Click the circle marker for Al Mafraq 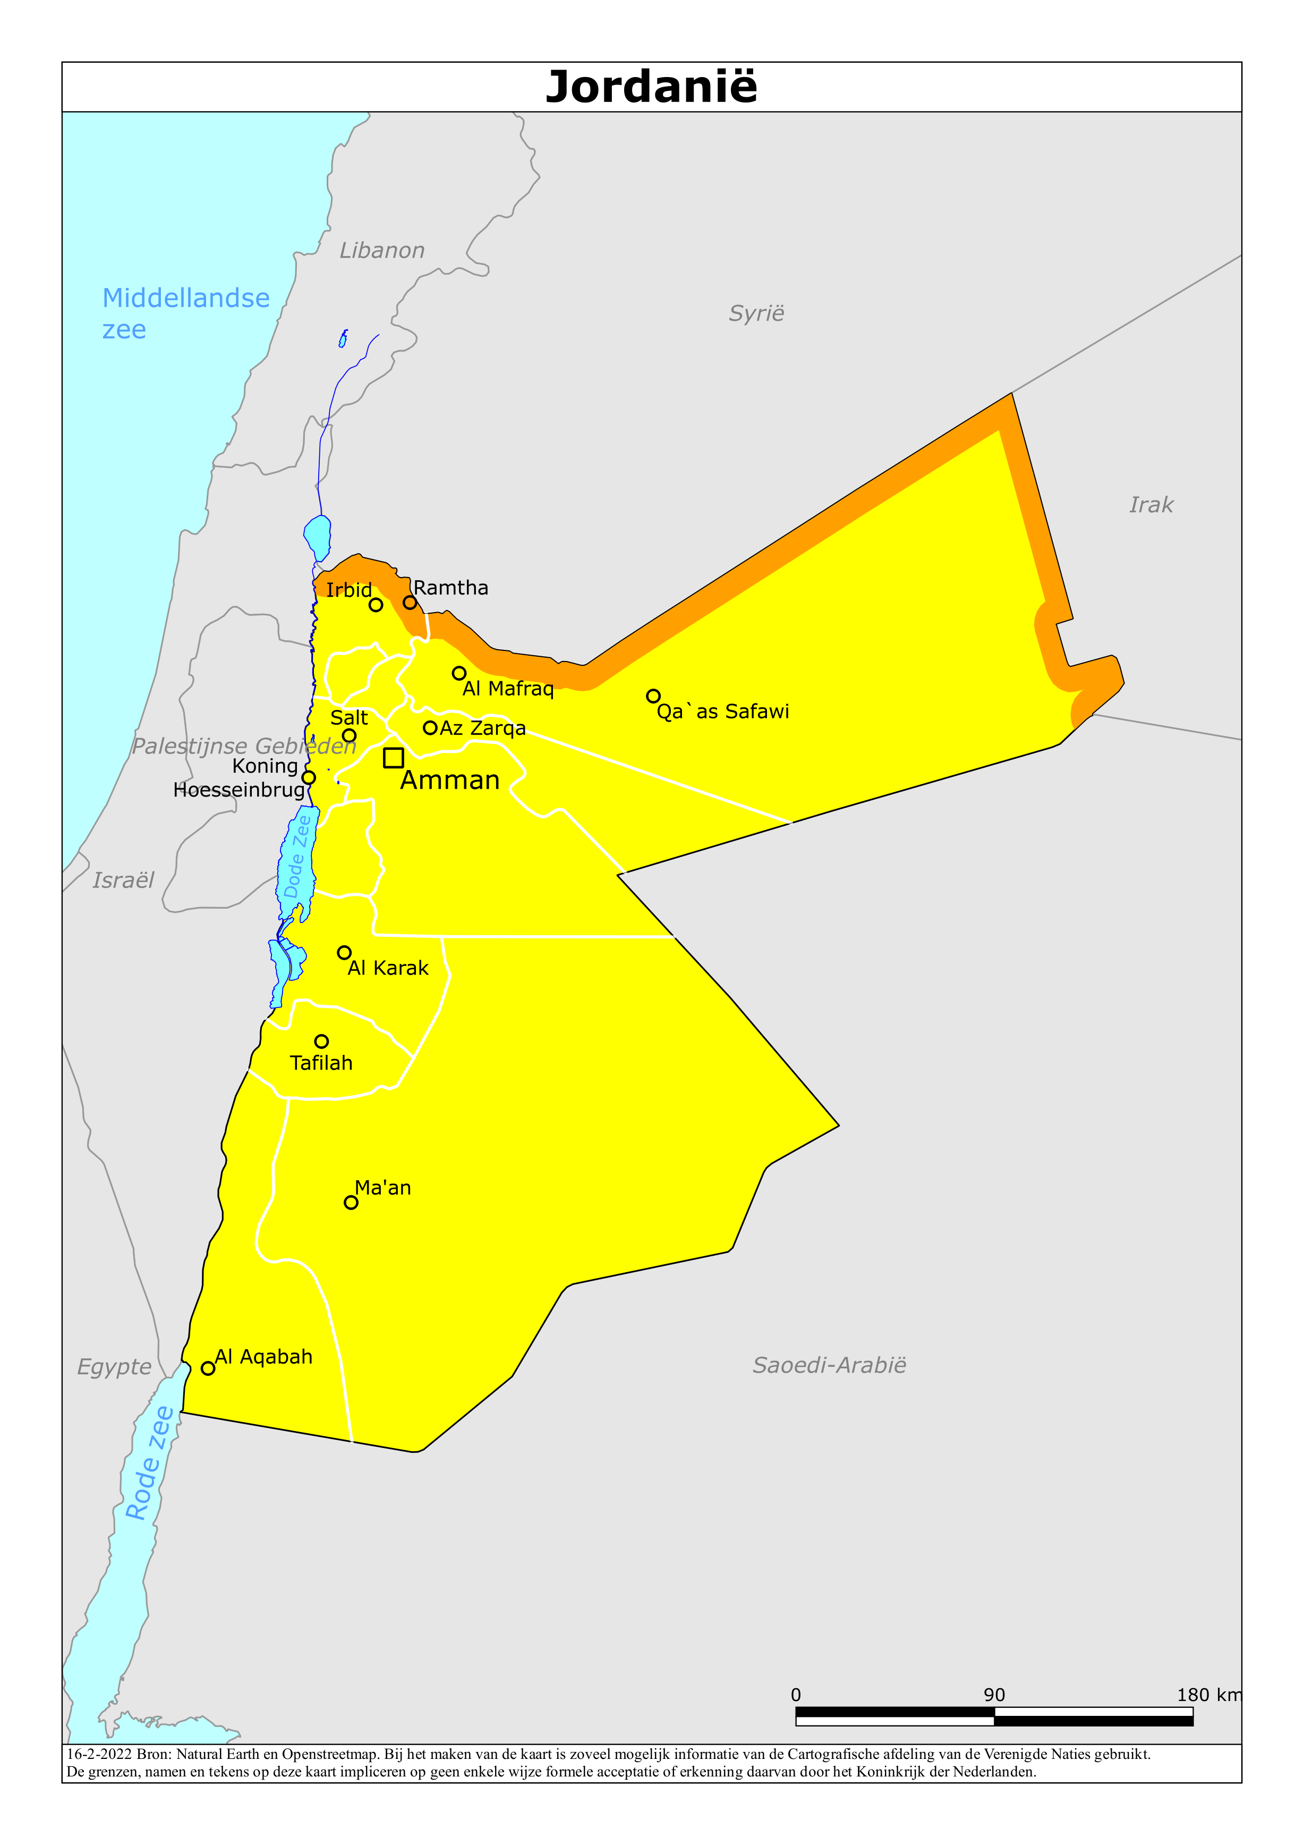click(459, 673)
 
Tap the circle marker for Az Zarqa click(430, 728)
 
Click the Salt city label click(348, 717)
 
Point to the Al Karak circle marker click(344, 953)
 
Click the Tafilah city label click(321, 1063)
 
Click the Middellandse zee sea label click(185, 314)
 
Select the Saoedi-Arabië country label click(829, 1365)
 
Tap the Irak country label click(1150, 505)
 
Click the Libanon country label click(381, 251)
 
